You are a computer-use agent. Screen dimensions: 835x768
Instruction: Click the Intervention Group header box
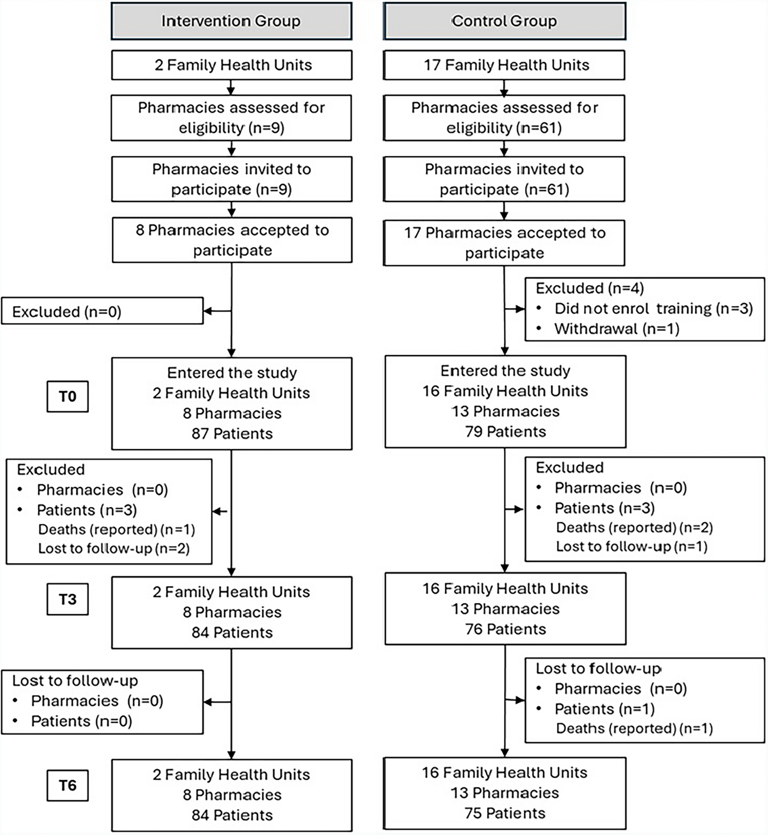click(232, 21)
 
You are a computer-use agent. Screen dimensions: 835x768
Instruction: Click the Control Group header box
click(504, 21)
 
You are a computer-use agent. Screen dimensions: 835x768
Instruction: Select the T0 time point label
click(68, 396)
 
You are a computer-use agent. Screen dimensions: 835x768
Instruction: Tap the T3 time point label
click(68, 599)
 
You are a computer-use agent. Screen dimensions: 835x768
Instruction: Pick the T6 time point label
click(68, 785)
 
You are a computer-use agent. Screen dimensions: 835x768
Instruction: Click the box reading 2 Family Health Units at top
click(232, 65)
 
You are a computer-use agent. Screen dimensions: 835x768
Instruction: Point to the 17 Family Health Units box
click(504, 65)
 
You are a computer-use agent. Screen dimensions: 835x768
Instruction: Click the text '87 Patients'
click(232, 434)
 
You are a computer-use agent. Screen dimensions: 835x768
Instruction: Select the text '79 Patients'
click(505, 432)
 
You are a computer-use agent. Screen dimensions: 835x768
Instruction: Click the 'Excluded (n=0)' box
click(102, 311)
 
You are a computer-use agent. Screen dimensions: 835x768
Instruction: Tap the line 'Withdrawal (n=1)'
click(616, 329)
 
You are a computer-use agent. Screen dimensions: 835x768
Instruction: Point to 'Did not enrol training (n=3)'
click(653, 308)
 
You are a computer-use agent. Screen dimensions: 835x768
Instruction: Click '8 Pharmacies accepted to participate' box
click(232, 240)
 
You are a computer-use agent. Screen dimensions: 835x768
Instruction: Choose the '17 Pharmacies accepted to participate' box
click(504, 243)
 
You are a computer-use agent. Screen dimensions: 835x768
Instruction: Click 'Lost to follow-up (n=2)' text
click(114, 549)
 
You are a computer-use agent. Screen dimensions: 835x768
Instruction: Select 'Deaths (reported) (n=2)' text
click(634, 528)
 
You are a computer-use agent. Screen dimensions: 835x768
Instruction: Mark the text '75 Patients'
click(505, 813)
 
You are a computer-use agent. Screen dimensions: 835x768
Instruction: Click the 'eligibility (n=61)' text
click(504, 128)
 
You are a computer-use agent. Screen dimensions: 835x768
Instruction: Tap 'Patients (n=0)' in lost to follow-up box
click(81, 721)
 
